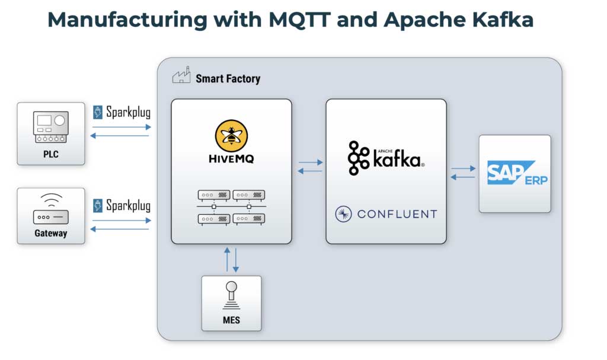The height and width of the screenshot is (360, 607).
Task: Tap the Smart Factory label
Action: (228, 78)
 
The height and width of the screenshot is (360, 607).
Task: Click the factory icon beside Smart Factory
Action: (181, 77)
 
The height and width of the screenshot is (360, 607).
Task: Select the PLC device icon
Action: (51, 128)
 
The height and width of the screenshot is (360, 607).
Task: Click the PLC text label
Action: (51, 155)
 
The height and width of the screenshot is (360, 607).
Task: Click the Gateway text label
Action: (51, 233)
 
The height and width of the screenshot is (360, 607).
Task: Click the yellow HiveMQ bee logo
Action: (231, 135)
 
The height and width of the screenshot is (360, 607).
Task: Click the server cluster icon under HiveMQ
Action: (231, 206)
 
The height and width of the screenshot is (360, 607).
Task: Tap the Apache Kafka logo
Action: (386, 158)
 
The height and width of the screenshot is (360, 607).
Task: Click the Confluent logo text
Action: (386, 214)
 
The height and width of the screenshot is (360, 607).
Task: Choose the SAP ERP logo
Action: (515, 173)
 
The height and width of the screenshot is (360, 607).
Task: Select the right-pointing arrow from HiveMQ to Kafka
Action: (311, 162)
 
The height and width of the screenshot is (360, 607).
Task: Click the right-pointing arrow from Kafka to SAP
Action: (463, 168)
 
